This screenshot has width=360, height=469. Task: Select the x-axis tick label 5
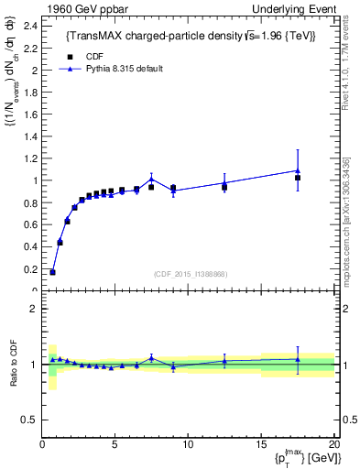coord(115,445)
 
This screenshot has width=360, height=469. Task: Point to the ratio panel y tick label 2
coord(32,309)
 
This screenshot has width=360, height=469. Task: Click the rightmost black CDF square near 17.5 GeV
coord(298,178)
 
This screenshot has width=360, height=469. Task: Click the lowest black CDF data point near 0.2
coord(52,272)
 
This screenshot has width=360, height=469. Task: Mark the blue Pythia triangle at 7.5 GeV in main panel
coord(151,180)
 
